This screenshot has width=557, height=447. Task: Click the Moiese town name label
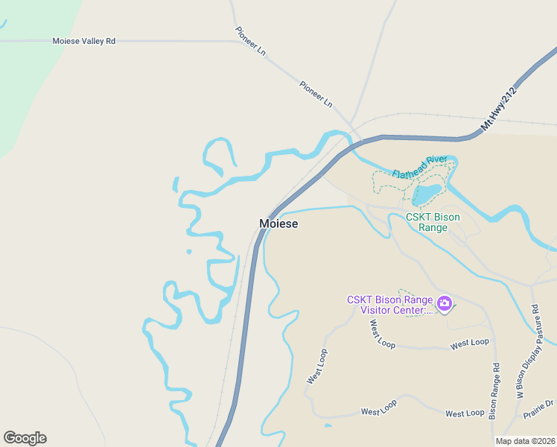tap(278, 223)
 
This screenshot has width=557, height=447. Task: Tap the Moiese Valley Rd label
tap(83, 42)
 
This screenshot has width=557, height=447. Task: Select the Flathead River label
tap(414, 166)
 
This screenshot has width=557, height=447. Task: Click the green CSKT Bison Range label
tap(433, 222)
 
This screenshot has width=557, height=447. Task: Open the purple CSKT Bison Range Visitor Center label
tap(389, 305)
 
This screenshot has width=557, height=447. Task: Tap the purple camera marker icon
tap(445, 303)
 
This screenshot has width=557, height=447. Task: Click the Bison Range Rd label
tap(494, 392)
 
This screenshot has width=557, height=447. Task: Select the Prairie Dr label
tap(538, 408)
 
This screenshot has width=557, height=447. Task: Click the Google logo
tap(25, 438)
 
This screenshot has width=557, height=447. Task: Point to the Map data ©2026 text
tap(526, 441)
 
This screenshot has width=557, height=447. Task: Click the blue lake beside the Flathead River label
tap(425, 194)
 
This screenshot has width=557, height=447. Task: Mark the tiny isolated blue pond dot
tap(188, 252)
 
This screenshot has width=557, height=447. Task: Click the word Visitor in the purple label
tap(375, 311)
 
